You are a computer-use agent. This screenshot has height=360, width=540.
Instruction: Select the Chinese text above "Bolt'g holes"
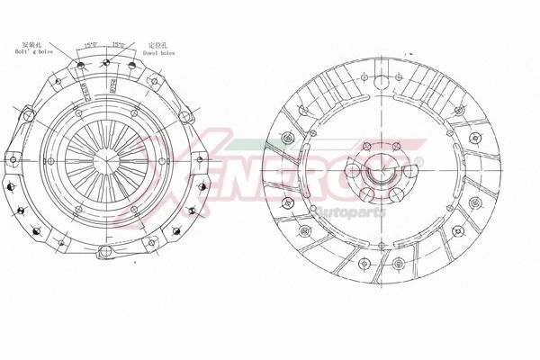pyautogui.click(x=31, y=43)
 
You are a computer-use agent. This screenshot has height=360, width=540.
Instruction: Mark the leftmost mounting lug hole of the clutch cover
pyautogui.click(x=10, y=185)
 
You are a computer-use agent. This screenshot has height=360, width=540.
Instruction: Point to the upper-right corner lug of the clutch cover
pyautogui.click(x=186, y=115)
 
